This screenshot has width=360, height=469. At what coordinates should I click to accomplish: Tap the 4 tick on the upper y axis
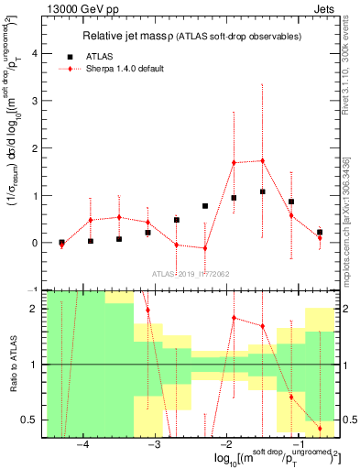(36, 53)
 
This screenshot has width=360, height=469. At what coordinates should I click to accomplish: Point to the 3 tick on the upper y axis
(36, 101)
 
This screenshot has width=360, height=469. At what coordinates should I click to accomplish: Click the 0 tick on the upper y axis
(36, 243)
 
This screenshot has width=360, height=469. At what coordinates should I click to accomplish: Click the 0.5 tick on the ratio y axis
(32, 420)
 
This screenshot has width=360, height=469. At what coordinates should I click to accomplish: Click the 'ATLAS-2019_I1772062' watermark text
(191, 273)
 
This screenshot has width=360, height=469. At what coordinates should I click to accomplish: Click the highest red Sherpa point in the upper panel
(263, 160)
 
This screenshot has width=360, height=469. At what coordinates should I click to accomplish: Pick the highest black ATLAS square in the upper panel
(263, 191)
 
